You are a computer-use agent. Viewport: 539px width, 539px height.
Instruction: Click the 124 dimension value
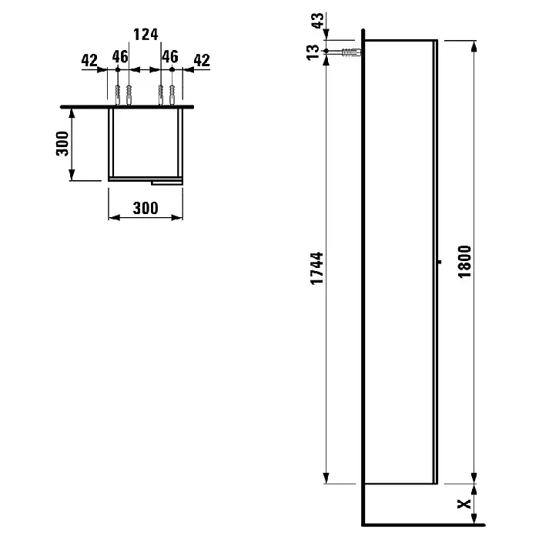coord(146,35)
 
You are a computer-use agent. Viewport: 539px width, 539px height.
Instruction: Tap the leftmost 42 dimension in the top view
coord(89,61)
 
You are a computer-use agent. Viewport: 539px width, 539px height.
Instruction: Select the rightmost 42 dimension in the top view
coord(202,61)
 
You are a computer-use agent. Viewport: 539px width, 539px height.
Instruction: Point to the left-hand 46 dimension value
coord(120,57)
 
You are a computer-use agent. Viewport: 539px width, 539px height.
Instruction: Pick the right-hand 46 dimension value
coord(170,57)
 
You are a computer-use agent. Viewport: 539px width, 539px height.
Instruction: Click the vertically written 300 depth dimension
coord(62,143)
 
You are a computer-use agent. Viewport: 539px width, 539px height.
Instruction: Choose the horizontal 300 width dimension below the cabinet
coord(146,209)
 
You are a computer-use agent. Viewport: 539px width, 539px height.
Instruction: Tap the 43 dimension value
coord(317,21)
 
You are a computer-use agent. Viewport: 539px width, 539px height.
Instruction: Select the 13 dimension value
coord(313,52)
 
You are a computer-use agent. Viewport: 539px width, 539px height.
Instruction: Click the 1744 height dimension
coord(316,269)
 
